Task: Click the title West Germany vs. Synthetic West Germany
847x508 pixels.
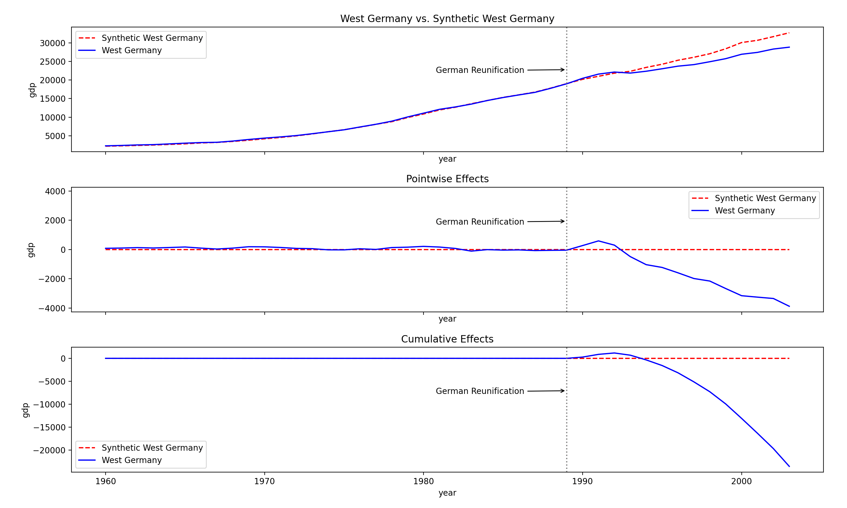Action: tap(447, 19)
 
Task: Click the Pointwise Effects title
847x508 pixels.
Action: tap(447, 179)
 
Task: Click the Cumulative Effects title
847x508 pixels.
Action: tap(447, 339)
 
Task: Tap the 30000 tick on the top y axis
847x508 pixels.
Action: tap(52, 43)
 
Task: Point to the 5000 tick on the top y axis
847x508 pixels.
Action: tap(55, 136)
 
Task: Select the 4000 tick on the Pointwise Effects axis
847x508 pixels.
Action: tap(55, 191)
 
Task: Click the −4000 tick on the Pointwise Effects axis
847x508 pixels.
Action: tap(52, 308)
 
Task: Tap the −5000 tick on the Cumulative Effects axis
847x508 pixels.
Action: tap(52, 382)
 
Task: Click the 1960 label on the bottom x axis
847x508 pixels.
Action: tap(106, 481)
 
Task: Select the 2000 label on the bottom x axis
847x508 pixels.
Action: tap(741, 481)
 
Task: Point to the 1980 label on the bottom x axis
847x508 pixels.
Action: tap(423, 481)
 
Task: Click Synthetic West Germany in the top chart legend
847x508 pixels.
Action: tap(152, 38)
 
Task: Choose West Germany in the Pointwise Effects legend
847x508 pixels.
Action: tap(744, 210)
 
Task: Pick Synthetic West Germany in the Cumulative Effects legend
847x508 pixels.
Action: tap(152, 448)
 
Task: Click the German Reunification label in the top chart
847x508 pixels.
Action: tap(479, 70)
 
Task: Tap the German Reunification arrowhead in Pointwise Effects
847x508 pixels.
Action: tap(563, 221)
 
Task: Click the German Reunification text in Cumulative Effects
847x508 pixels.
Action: tap(479, 391)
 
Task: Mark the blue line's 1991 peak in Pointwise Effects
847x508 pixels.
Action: tap(598, 241)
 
